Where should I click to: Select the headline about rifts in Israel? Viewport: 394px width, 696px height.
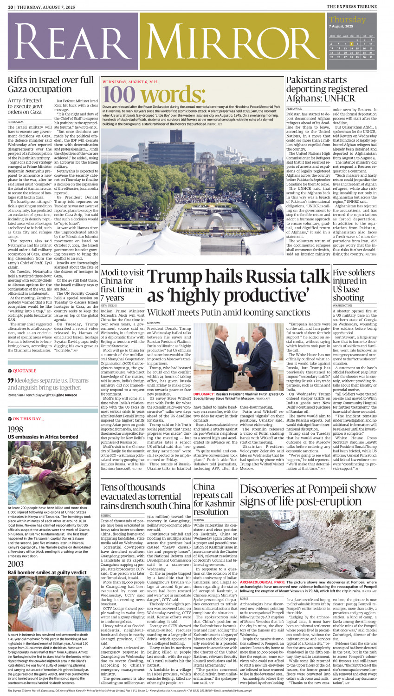click(50, 85)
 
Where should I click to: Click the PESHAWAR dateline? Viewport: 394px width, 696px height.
click(294, 108)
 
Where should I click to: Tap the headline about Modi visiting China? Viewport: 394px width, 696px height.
click(122, 285)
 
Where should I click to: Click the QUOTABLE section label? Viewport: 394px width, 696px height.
click(24, 371)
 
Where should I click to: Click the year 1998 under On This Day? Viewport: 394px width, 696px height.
click(15, 430)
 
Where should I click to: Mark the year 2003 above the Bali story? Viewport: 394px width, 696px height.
click(15, 564)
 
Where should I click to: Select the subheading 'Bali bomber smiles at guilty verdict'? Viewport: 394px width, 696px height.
click(47, 572)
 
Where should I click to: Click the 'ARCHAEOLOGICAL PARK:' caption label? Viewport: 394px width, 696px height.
click(263, 582)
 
